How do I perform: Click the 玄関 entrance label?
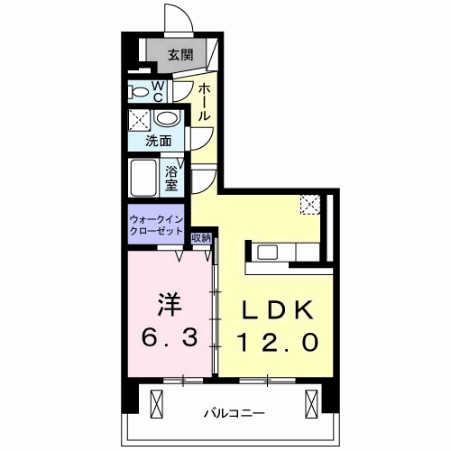pyautogui.click(x=180, y=55)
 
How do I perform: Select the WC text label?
pyautogui.click(x=158, y=92)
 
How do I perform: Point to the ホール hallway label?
pyautogui.click(x=204, y=103)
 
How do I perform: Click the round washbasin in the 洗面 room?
pyautogui.click(x=166, y=118)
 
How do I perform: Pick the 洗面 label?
pyautogui.click(x=158, y=141)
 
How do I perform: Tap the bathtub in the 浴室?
pyautogui.click(x=143, y=178)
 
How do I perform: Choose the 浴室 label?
pyautogui.click(x=171, y=179)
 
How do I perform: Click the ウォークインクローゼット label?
pyautogui.click(x=156, y=225)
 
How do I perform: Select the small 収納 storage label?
pyautogui.click(x=201, y=238)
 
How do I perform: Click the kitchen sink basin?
pyautogui.click(x=267, y=253)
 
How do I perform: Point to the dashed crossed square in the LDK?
pyautogui.click(x=310, y=205)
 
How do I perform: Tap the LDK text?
pyautogui.click(x=277, y=310)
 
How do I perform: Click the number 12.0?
pyautogui.click(x=277, y=342)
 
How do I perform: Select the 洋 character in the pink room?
pyautogui.click(x=170, y=304)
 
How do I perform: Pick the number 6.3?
pyautogui.click(x=170, y=337)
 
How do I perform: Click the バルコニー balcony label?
pyautogui.click(x=235, y=413)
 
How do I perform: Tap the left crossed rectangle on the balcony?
pyautogui.click(x=156, y=404)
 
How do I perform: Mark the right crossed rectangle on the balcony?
pyautogui.click(x=311, y=404)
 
